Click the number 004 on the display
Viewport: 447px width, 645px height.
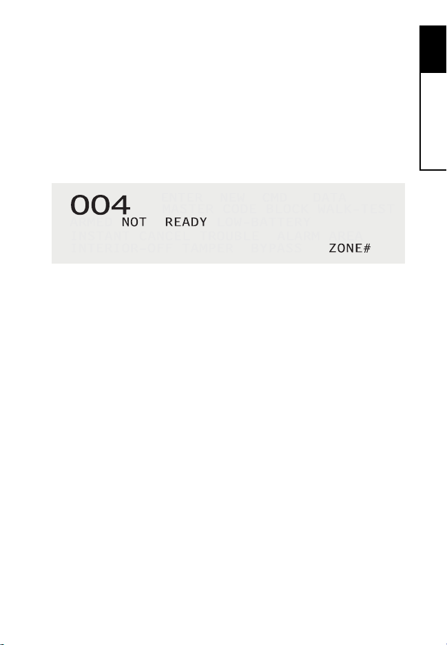[x=100, y=204]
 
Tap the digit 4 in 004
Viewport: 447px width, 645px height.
[x=119, y=204]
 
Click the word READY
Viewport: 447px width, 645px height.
[x=181, y=223]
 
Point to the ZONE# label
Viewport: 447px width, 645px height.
[x=350, y=248]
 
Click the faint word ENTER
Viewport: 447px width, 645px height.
[x=182, y=198]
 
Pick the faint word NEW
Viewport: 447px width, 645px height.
[x=231, y=198]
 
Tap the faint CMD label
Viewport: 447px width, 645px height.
[x=273, y=198]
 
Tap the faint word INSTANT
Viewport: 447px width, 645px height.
[x=95, y=235]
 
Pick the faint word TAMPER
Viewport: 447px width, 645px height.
[x=205, y=248]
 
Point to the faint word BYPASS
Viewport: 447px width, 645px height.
[x=276, y=248]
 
